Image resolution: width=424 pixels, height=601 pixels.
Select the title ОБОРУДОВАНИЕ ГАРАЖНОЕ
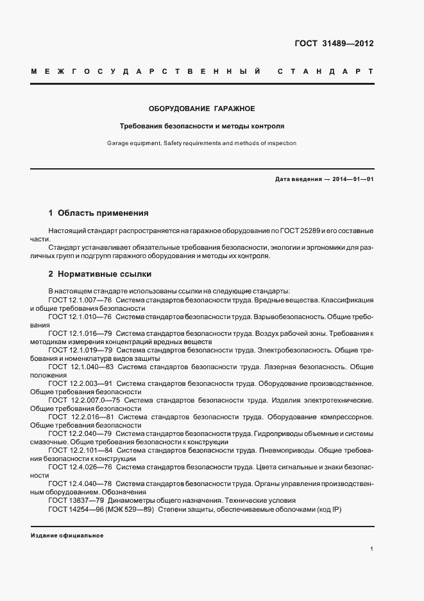pos(202,109)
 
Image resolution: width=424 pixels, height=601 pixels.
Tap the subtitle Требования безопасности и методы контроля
pos(202,126)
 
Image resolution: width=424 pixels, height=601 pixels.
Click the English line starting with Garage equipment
pos(202,144)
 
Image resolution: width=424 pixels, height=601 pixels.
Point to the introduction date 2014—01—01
pos(352,180)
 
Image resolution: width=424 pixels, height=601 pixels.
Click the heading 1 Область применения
pos(99,213)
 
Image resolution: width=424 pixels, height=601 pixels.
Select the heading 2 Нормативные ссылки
pos(100,274)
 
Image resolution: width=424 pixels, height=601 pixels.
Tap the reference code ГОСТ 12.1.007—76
pos(80,300)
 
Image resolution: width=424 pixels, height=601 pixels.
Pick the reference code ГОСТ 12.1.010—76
pos(80,317)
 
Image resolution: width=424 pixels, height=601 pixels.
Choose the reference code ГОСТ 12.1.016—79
pos(80,333)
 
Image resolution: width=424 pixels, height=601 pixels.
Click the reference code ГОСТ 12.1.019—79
pos(80,350)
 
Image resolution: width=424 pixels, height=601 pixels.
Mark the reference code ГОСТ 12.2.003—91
pos(80,383)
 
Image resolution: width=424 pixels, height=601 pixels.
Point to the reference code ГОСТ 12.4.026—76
pos(80,467)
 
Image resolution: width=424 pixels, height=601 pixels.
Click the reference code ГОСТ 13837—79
pos(76,500)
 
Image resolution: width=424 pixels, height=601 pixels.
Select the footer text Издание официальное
pos(67,535)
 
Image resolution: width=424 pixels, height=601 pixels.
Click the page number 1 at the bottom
pos(372,549)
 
